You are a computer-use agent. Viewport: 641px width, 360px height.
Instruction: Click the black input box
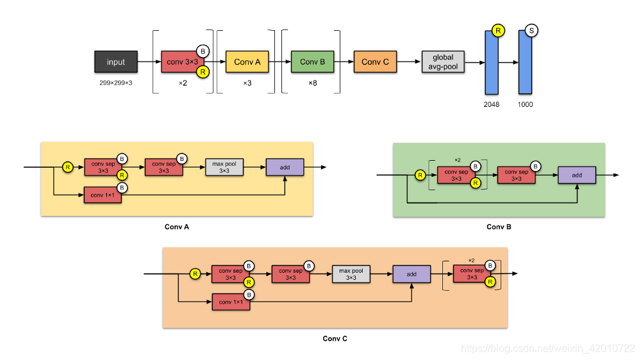115,61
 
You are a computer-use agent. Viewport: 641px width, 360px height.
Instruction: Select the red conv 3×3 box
182,61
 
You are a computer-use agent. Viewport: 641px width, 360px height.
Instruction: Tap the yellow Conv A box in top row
247,61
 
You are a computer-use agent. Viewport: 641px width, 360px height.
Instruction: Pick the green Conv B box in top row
312,61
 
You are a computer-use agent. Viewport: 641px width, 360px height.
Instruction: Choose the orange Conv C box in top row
375,61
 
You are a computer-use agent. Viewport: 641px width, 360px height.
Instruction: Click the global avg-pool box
443,61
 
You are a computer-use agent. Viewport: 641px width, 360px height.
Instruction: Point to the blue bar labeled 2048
492,63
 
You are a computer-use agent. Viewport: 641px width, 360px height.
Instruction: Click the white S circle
531,31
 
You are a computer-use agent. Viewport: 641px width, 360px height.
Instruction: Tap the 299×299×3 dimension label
115,83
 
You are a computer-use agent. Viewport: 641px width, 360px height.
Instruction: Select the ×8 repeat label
313,83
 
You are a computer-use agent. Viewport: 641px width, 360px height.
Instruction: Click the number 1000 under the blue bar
526,104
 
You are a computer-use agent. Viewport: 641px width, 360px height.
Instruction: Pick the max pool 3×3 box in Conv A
224,167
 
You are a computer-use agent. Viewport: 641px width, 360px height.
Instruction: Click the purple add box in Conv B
577,175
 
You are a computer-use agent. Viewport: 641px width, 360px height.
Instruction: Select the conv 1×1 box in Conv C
231,302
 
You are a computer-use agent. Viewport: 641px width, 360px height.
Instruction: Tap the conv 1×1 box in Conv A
103,195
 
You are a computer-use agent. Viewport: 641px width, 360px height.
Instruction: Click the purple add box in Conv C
412,274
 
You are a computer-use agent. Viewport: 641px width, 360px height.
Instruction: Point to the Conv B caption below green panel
499,227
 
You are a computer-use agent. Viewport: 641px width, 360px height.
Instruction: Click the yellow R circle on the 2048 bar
498,31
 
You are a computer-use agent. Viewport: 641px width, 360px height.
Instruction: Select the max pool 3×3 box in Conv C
351,274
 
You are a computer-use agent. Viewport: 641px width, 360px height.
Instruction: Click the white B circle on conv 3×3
203,51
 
